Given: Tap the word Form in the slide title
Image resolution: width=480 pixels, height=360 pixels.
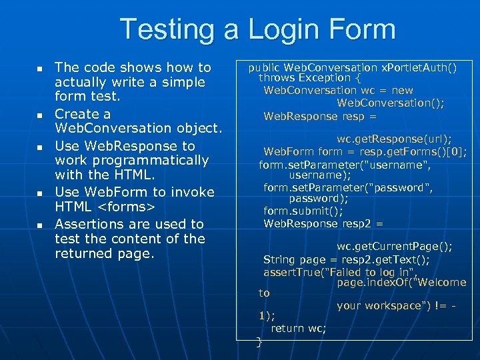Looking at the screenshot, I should tap(358, 29).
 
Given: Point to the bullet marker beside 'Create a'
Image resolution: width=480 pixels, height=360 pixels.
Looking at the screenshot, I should tap(39, 115).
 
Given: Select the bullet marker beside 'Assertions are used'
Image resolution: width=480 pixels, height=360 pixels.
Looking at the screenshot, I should tap(39, 225).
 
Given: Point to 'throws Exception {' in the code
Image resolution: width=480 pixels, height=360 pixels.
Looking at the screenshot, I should tap(307, 78).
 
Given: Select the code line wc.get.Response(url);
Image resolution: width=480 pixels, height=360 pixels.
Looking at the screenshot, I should tap(394, 139).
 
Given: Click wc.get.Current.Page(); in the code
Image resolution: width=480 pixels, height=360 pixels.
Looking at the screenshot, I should tap(394, 247).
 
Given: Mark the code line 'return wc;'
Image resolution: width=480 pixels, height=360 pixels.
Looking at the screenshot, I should tap(299, 328).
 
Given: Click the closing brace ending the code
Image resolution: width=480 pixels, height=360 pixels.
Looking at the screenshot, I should tap(259, 342).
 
